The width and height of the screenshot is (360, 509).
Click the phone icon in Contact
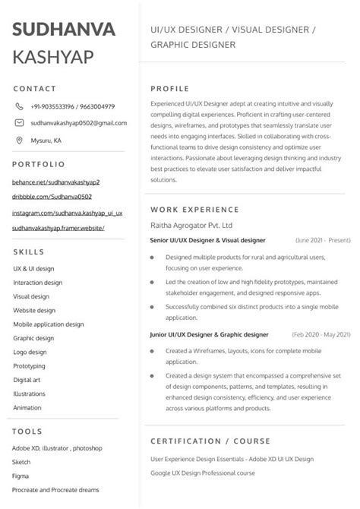[x=19, y=106]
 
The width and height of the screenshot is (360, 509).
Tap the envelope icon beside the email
[x=19, y=123]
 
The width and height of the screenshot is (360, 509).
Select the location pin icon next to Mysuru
[x=19, y=141]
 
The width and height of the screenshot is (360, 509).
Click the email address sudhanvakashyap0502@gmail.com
[x=78, y=123]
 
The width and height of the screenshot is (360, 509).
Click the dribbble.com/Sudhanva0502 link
[x=52, y=198]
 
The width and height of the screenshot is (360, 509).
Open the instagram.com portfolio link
[x=68, y=213]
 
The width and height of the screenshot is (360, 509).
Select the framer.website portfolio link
[x=58, y=228]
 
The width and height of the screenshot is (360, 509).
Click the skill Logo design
[x=30, y=353]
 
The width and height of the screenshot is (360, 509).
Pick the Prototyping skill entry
[x=29, y=366]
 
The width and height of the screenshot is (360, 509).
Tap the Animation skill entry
[x=27, y=408]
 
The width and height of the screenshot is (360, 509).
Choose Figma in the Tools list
[x=21, y=476]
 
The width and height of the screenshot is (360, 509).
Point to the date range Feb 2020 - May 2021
[x=321, y=334]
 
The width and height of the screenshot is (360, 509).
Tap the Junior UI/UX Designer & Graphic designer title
[x=210, y=334]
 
